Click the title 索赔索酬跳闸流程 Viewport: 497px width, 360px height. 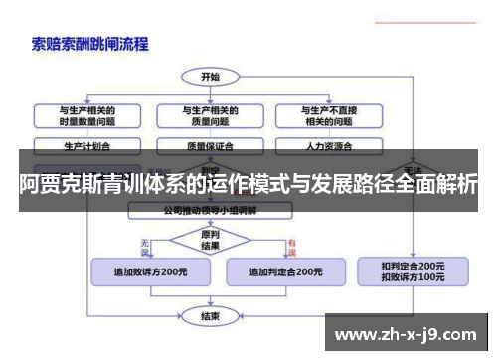click(x=88, y=43)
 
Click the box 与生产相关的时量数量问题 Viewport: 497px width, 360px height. click(x=86, y=115)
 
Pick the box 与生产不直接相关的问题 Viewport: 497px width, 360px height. click(x=328, y=115)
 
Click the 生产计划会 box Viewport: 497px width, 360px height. click(x=86, y=145)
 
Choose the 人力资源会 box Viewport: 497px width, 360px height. click(x=328, y=145)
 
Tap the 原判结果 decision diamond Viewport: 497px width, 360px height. click(x=211, y=240)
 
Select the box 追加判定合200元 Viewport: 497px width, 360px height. click(x=284, y=270)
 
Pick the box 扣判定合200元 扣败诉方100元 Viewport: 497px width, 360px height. click(x=413, y=270)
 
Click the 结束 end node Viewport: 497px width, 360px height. click(x=211, y=316)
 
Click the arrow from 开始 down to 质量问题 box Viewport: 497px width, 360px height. click(x=211, y=93)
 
